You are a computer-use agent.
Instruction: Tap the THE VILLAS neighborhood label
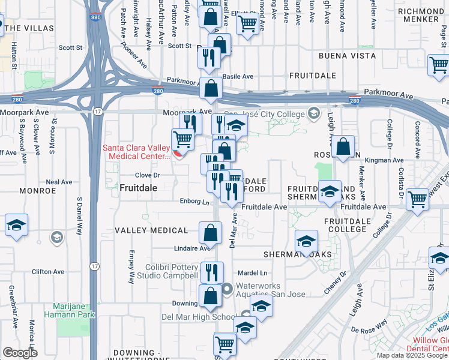[28, 28]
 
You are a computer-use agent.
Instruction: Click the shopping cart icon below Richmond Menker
[439, 65]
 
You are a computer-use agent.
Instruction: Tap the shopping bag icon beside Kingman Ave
[342, 146]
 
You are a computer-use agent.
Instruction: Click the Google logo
[19, 353]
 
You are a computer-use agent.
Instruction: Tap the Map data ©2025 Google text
[412, 355]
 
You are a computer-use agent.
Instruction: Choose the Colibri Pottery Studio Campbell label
[171, 271]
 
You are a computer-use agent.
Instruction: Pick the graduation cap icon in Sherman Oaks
[307, 242]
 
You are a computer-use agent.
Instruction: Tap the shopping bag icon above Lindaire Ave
[210, 232]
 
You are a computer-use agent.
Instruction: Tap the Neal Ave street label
[59, 182]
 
